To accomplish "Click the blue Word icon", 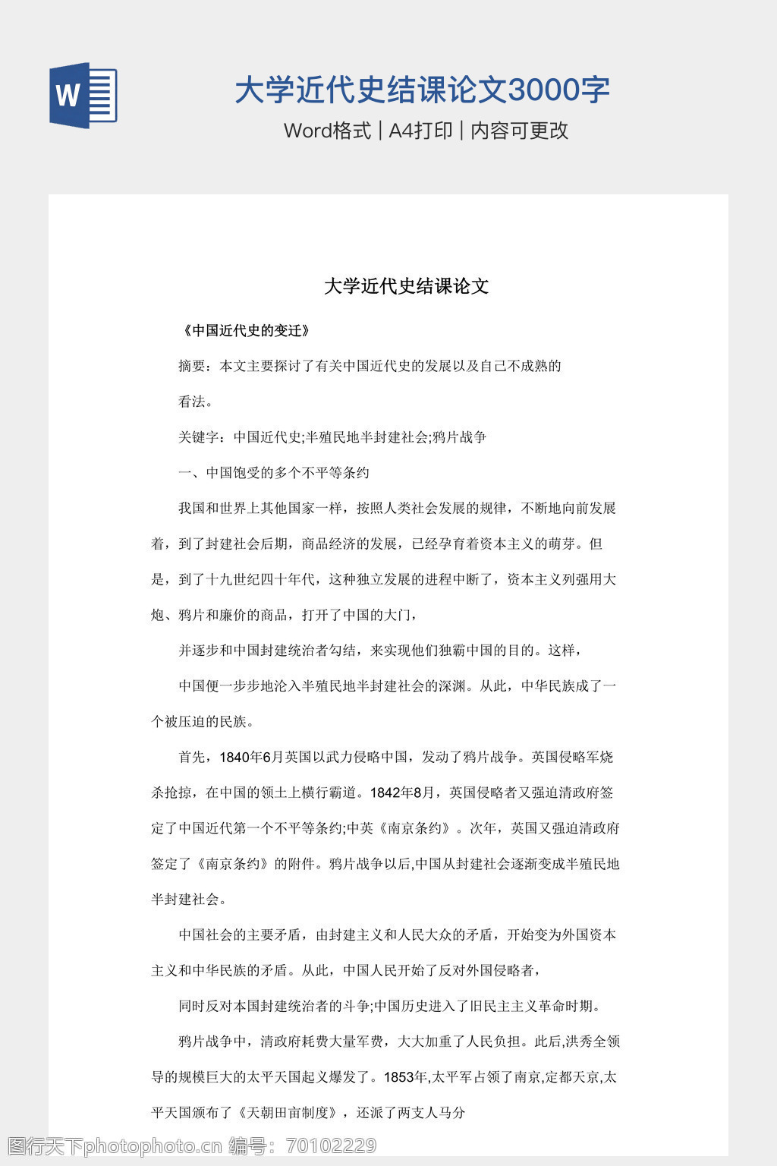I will (x=83, y=96).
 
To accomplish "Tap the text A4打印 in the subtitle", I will (x=420, y=131).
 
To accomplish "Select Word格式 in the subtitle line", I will (x=327, y=131).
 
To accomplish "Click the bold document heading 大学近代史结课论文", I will (x=406, y=286).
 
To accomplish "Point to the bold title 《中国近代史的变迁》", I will (x=247, y=330).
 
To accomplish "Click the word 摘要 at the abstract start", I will (x=192, y=366).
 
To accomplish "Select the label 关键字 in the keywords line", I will (x=199, y=437).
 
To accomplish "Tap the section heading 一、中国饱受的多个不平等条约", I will (x=273, y=473).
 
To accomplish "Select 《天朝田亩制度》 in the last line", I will (x=288, y=1113).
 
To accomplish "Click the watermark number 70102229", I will (x=332, y=1146).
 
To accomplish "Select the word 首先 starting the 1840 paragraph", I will (x=192, y=757).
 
